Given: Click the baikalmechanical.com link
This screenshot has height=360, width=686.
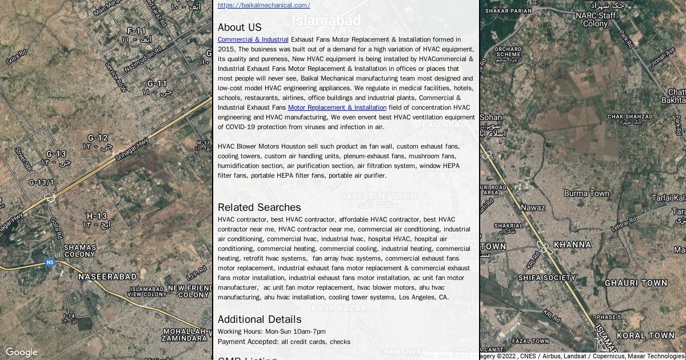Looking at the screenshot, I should tap(264, 5).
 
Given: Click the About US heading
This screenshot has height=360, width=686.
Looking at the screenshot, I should tap(240, 27).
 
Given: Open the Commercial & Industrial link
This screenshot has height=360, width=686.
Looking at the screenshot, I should tap(253, 39).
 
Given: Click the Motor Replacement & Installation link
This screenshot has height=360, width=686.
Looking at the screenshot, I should tap(337, 107).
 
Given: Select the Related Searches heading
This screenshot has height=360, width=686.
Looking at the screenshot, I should tap(259, 207).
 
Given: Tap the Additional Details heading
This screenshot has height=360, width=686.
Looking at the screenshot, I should tap(259, 319).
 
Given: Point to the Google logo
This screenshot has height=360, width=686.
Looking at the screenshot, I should tap(21, 352).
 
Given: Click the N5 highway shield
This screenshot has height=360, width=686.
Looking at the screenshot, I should tap(50, 262).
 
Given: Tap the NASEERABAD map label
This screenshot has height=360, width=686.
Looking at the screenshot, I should tap(107, 277).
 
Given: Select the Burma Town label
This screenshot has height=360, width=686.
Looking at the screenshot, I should tap(587, 193).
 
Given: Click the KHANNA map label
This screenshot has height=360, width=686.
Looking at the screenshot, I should tap(572, 245).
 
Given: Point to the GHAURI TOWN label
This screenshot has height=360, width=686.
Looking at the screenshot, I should tap(636, 283).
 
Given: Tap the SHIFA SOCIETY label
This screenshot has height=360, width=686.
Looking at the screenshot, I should tap(547, 278).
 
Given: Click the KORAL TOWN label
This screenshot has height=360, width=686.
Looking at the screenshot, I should tap(645, 335).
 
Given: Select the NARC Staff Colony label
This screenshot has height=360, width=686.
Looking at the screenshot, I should tap(595, 19).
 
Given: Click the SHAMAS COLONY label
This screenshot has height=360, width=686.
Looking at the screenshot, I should tap(79, 251).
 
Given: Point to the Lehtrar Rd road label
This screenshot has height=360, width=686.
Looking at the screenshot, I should tap(623, 224).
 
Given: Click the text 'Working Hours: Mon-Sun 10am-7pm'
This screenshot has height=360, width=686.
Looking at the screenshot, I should tap(272, 331).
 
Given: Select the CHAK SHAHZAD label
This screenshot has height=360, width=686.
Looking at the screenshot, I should tap(629, 119).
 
